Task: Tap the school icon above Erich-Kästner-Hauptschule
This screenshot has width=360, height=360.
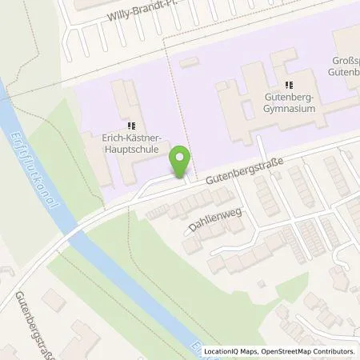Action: [131, 126]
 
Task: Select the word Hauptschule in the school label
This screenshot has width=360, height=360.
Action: [130, 149]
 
